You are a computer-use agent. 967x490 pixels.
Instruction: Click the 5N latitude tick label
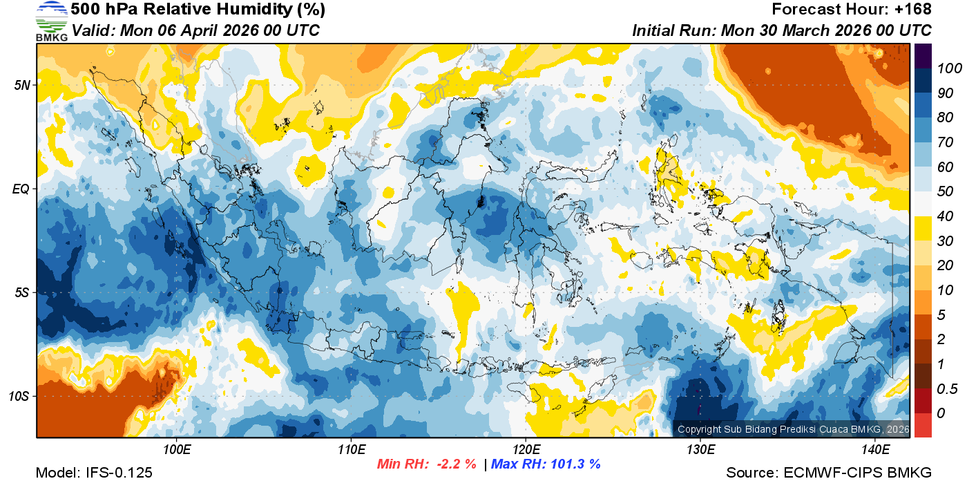pos(22,85)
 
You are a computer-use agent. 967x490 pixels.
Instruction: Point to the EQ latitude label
pos(21,189)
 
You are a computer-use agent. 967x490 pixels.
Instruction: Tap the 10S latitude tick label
pos(19,397)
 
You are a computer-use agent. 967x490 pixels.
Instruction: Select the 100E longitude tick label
pos(177,450)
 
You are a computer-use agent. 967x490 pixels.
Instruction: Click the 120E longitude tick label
pos(526,450)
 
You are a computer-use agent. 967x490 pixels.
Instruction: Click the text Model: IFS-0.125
pos(94,473)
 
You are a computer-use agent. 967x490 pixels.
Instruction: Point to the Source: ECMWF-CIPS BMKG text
pos(829,473)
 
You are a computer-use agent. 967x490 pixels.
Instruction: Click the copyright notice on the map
pos(793,429)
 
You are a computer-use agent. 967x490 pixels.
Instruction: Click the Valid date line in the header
pos(195,30)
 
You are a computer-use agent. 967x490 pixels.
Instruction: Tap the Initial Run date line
pos(782,30)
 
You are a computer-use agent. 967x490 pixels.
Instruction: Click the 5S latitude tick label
pos(21,292)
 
